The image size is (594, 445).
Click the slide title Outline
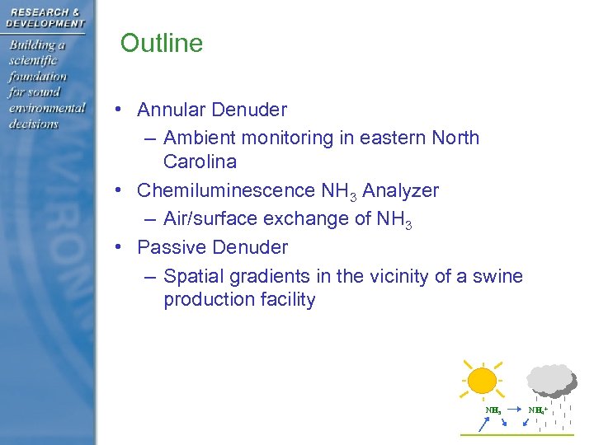[x=162, y=44]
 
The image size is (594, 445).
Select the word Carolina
[x=200, y=161]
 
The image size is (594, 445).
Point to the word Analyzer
[x=400, y=190]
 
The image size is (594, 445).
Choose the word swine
[x=498, y=276]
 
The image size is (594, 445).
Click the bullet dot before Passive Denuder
[x=120, y=246]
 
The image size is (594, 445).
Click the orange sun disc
[x=482, y=380]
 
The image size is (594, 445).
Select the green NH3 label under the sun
[x=493, y=410]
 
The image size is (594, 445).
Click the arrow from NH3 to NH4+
[x=514, y=409]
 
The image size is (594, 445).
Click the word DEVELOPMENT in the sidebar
[x=45, y=23]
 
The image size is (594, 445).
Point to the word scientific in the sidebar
[x=34, y=60]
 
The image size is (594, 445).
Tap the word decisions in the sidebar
[x=34, y=124]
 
